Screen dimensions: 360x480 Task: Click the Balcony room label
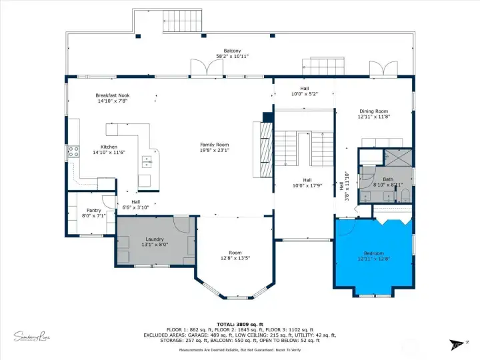(232, 51)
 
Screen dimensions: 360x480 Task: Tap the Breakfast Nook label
(112, 96)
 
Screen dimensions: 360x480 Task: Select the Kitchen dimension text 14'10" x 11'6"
(109, 152)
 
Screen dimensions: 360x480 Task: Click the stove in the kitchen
(73, 151)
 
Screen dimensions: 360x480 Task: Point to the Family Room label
(215, 145)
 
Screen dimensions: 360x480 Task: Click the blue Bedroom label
(373, 253)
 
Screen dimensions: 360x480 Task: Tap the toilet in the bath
(405, 195)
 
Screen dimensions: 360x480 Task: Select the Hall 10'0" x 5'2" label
(304, 89)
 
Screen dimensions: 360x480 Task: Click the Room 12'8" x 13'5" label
(235, 253)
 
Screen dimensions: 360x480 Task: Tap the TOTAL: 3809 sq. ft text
(240, 324)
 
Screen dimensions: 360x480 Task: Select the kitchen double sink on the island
(146, 161)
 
